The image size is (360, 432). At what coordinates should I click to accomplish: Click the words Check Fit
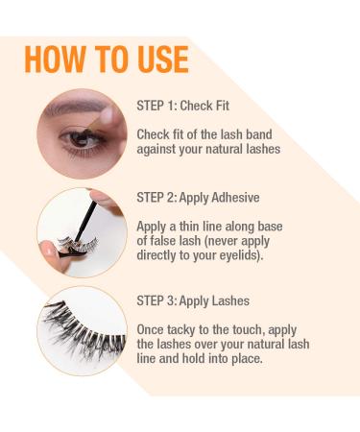coord(209,106)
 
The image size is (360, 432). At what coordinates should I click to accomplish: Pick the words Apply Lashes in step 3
coord(220,300)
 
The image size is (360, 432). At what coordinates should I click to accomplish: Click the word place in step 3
coord(244,358)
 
